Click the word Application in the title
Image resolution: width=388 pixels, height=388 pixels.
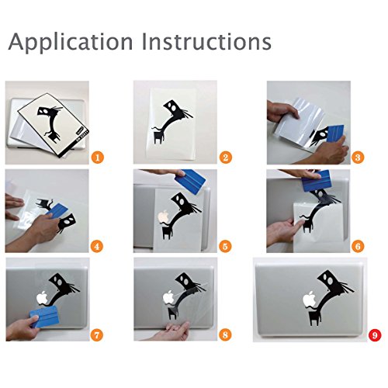click(71, 42)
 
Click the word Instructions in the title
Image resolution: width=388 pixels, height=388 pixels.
click(206, 41)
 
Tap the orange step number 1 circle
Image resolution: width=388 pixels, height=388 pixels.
click(98, 158)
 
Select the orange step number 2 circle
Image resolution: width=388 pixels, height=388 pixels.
click(226, 158)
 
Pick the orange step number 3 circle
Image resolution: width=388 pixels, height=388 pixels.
click(358, 158)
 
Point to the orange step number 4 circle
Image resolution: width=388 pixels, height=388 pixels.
click(97, 246)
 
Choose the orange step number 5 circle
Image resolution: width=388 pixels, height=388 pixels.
click(225, 246)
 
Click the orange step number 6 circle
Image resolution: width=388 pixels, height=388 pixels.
click(358, 246)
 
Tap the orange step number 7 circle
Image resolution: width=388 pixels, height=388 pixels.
click(96, 335)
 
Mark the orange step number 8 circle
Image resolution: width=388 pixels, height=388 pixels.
click(225, 335)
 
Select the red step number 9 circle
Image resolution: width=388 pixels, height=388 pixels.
click(375, 335)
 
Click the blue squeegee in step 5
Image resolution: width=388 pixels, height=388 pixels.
click(191, 179)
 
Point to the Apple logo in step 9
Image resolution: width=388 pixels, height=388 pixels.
click(310, 299)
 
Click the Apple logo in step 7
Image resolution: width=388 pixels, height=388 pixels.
click(43, 298)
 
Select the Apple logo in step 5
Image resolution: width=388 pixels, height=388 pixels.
click(163, 217)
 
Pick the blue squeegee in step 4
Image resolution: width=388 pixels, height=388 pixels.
click(58, 210)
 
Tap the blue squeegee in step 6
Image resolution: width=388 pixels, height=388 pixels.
click(317, 181)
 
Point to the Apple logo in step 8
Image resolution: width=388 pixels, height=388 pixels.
click(168, 297)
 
